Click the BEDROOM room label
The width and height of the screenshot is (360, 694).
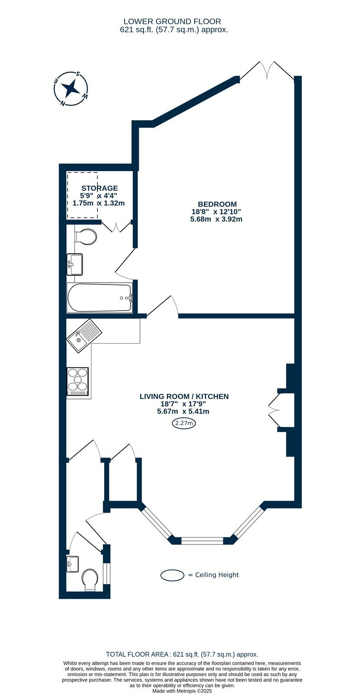coord(217,204)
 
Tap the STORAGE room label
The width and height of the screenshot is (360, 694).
coord(99,188)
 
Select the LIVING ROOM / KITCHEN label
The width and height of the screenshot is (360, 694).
coord(184,396)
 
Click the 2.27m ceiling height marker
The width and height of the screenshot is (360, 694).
coord(184,423)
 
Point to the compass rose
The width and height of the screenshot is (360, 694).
coord(71,88)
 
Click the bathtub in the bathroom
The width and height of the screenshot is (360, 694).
coord(100,298)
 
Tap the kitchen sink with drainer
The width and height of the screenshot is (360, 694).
coord(84,336)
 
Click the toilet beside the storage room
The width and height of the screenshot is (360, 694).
coord(85,237)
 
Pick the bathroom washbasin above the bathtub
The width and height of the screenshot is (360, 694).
coord(75,264)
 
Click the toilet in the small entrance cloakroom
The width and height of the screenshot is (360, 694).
coord(90,579)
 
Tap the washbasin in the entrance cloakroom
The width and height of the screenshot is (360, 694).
coord(72,564)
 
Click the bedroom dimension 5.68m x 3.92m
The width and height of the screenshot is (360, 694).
coord(216,219)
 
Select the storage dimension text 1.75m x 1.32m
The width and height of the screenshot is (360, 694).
coord(98,203)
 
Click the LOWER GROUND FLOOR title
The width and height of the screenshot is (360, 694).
coord(172,21)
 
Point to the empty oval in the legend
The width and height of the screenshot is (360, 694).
coord(173,575)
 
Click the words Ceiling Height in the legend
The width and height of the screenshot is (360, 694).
coord(217,575)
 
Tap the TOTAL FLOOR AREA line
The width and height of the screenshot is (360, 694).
coord(182,655)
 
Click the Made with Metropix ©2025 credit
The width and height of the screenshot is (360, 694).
coord(182,691)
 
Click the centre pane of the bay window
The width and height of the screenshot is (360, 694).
coord(202,540)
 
